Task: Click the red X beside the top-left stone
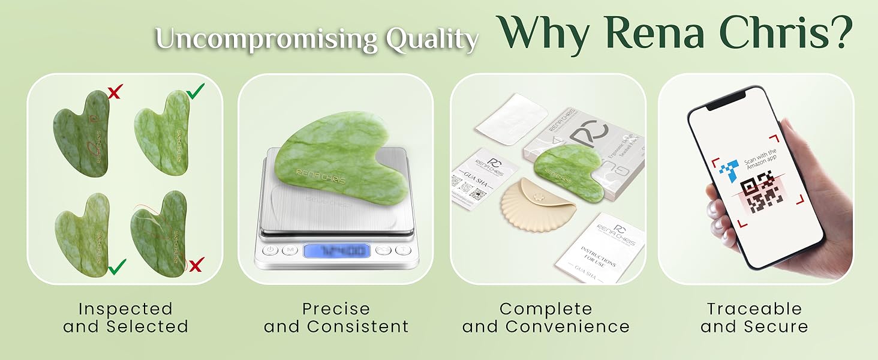[x=115, y=92]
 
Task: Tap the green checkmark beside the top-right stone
[x=195, y=91]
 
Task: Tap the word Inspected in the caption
[x=125, y=309]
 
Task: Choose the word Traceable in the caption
[x=754, y=309]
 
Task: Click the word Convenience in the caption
[x=567, y=327]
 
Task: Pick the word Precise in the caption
[x=336, y=309]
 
